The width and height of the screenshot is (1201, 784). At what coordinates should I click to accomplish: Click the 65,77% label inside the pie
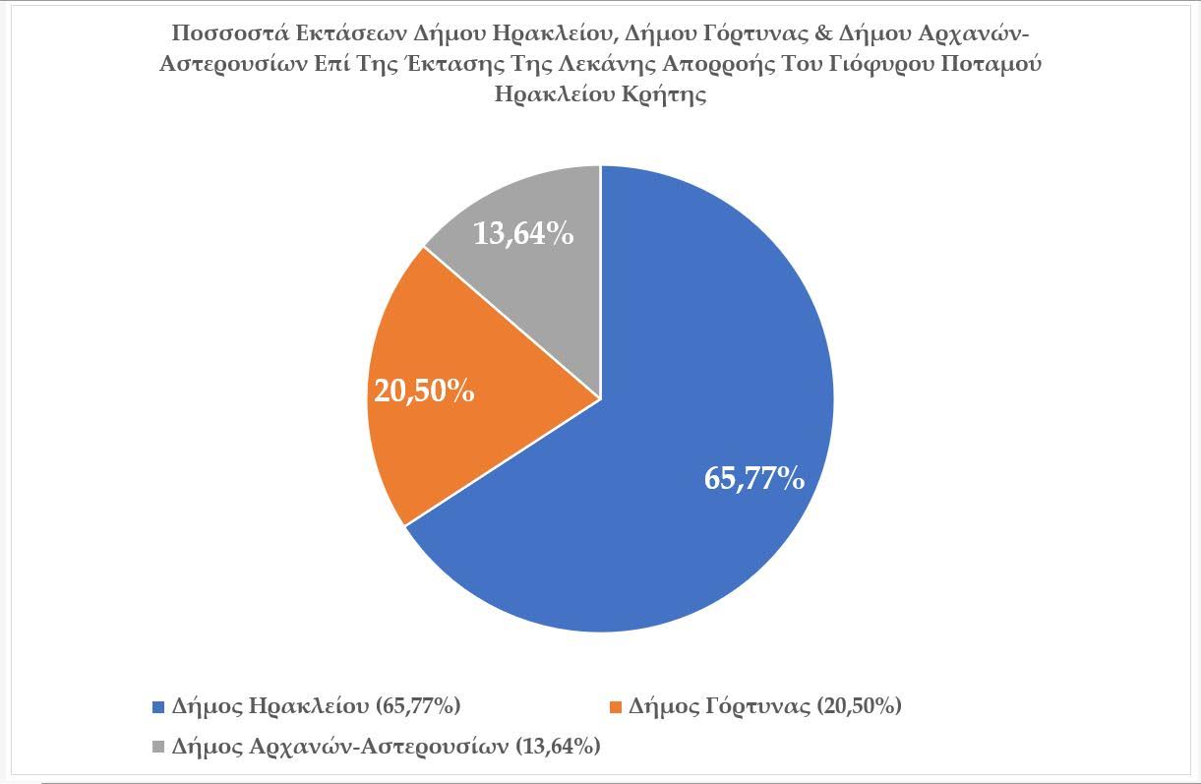754,479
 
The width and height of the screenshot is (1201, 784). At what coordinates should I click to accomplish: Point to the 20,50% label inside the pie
424,391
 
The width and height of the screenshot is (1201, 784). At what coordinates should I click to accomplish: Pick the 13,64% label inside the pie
523,235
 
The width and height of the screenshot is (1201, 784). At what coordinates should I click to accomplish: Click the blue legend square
157,707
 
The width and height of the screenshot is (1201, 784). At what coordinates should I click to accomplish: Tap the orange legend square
616,707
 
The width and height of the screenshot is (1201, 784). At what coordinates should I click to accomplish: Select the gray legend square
157,747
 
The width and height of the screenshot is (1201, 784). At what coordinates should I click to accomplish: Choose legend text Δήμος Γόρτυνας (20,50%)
764,706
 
